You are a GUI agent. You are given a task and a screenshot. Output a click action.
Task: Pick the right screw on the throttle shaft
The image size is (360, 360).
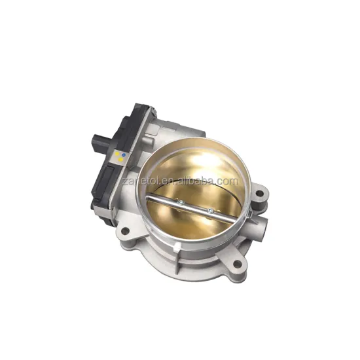click(x=211, y=210)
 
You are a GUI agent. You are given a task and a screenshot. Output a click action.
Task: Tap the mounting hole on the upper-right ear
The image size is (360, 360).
click(x=261, y=193)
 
